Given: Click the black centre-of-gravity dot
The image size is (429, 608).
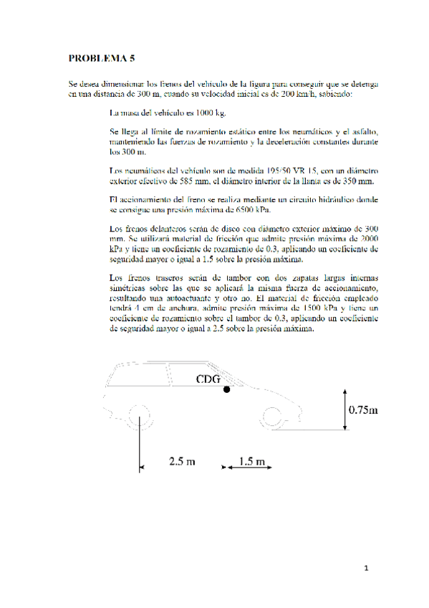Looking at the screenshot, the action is pyautogui.click(x=226, y=389).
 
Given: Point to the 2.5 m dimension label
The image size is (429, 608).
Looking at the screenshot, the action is pyautogui.click(x=182, y=461).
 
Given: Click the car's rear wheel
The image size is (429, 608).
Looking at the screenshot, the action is pyautogui.click(x=140, y=416).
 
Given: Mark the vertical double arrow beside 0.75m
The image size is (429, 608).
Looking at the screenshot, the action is pyautogui.click(x=344, y=409).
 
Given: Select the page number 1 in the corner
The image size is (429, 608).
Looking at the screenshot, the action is pyautogui.click(x=365, y=569).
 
